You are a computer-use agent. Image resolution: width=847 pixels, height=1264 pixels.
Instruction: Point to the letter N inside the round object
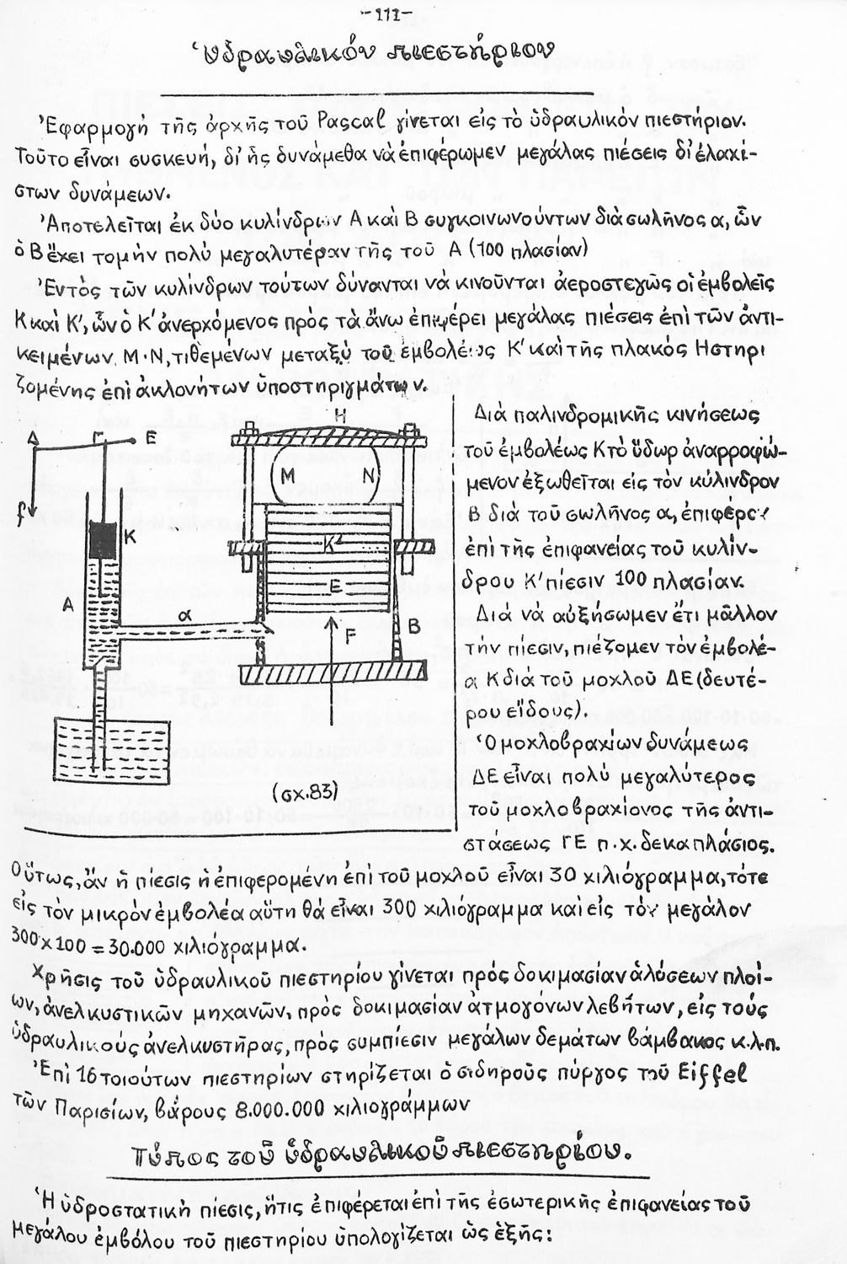(x=367, y=475)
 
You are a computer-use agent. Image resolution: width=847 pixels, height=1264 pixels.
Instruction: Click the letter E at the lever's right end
(x=148, y=438)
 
